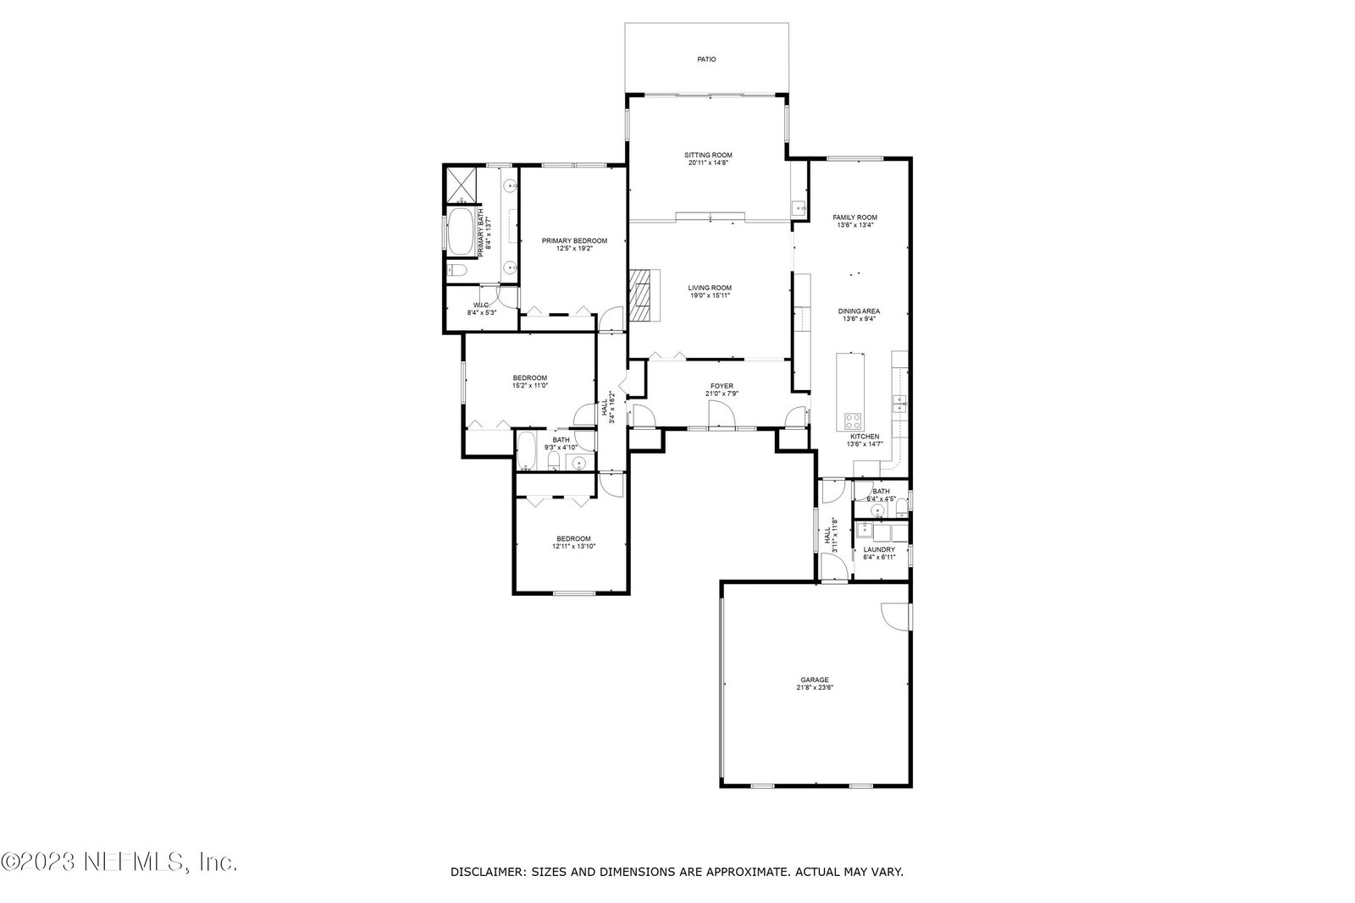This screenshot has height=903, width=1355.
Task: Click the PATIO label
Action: [706, 59]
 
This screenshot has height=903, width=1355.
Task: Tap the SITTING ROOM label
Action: [708, 156]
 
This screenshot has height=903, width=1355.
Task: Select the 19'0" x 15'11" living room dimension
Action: [710, 295]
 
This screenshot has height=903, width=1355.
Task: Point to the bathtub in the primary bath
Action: [461, 232]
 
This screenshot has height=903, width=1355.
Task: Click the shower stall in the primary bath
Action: [462, 185]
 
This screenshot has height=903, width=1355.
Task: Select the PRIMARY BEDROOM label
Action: [574, 240]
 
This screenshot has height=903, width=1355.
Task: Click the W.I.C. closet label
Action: [482, 306]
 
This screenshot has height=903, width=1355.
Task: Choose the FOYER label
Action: [722, 386]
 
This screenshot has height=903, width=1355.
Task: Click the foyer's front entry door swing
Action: [722, 415]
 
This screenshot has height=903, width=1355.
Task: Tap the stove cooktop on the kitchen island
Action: [853, 420]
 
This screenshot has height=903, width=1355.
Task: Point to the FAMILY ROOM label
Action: [854, 217]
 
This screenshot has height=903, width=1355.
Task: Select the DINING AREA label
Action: [859, 311]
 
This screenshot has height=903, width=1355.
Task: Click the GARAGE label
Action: [815, 680]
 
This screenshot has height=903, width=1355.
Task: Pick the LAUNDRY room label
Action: [879, 549]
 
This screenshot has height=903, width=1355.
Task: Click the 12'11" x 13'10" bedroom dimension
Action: [573, 547]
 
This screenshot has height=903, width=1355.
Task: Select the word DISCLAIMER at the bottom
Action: [488, 873]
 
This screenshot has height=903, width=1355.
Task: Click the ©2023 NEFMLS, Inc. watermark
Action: [119, 862]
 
